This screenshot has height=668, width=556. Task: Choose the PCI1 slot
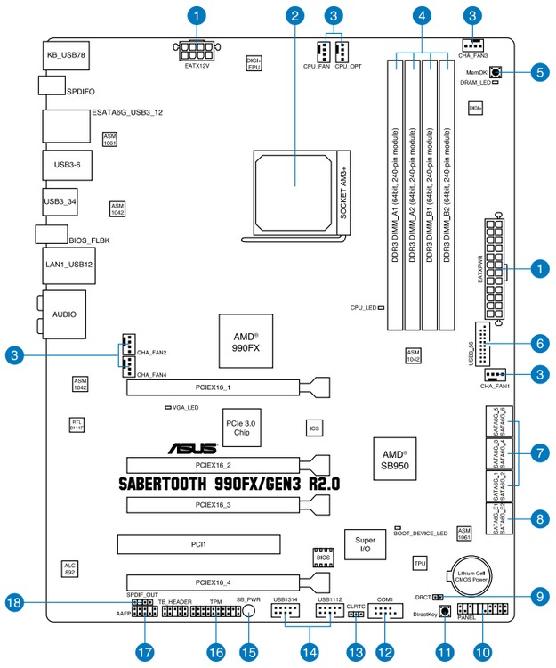click(198, 542)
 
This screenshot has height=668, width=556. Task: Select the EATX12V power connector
click(196, 47)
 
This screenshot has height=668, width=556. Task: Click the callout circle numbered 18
click(14, 604)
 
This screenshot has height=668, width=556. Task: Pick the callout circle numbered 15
click(249, 652)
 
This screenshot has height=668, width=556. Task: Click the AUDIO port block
click(63, 314)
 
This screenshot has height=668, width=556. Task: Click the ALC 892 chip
click(69, 570)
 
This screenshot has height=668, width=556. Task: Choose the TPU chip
click(421, 563)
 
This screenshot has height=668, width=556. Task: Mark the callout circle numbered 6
click(537, 342)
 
